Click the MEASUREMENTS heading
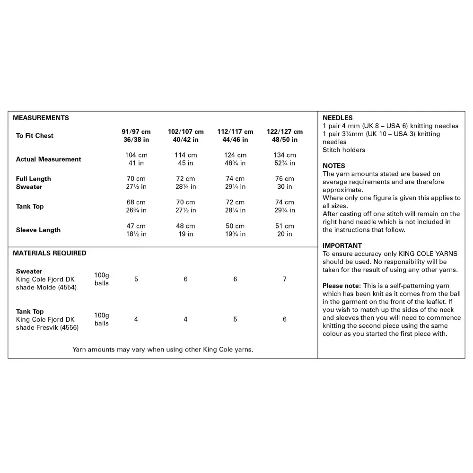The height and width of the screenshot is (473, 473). point(41,118)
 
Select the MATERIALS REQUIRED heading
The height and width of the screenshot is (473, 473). point(50,253)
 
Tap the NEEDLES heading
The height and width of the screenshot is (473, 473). point(338,118)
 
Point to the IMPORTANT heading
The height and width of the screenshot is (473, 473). point(342,245)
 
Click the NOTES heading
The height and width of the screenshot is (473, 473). point(334,166)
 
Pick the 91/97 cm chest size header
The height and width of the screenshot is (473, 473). point(136,131)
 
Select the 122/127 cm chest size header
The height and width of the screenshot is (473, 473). point(285,131)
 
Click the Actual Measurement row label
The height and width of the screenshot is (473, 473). point(49,159)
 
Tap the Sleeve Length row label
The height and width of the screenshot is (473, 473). point(38,230)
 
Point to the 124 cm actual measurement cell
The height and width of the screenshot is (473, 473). point(235,155)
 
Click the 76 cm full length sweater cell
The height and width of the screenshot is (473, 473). point(285,179)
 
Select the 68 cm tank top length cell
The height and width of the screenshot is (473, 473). point(136,202)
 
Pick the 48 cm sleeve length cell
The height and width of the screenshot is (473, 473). point(185,226)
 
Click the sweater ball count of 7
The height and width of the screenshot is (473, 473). point(285,279)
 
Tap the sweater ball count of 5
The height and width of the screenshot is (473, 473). point(136,279)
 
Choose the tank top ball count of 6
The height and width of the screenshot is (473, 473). point(285,319)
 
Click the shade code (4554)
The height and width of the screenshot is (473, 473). point(67,287)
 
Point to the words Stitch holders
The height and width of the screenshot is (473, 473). point(344,150)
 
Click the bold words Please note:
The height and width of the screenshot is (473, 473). point(342,286)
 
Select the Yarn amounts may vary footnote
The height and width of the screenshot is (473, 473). point(163,350)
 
